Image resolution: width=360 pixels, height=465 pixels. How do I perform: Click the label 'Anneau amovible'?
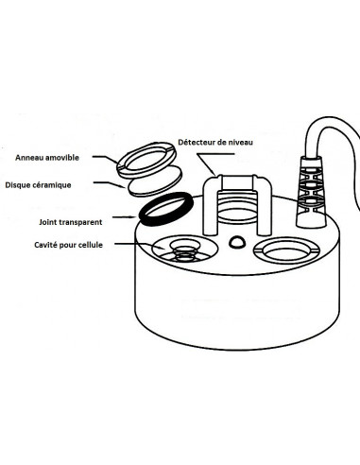click(x=47, y=158)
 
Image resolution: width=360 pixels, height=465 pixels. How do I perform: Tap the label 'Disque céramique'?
click(x=38, y=185)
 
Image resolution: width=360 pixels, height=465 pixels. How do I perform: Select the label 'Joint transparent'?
click(x=71, y=222)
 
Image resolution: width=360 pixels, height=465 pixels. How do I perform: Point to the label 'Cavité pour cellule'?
click(x=68, y=245)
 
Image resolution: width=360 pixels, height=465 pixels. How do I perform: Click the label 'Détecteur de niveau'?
click(x=215, y=142)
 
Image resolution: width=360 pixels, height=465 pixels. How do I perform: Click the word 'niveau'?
click(x=239, y=142)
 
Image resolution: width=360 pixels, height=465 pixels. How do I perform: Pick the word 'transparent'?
click(x=81, y=222)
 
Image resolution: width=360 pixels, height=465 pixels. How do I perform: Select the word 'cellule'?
click(x=91, y=245)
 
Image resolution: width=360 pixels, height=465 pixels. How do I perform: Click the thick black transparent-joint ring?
click(x=142, y=218)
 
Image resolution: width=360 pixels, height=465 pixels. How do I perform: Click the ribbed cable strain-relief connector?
click(x=311, y=192)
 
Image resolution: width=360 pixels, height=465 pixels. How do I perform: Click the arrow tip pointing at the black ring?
click(x=137, y=216)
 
